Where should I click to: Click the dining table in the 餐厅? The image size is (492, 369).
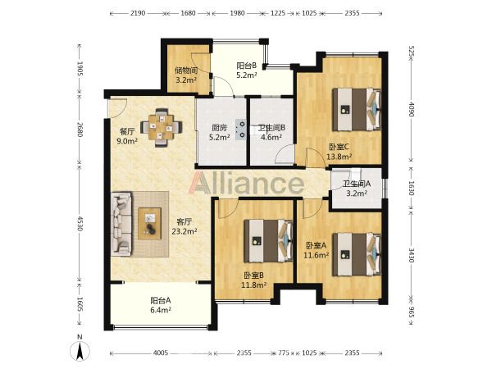tap(162, 127)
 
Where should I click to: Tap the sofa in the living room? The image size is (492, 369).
tap(121, 223)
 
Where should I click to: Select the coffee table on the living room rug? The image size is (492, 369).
tap(150, 223)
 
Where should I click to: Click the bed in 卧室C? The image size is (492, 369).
tap(357, 109)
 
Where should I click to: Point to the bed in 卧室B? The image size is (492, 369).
tap(269, 240)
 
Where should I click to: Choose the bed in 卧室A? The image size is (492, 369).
tap(357, 254)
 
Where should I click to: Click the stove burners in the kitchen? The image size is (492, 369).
tap(242, 130)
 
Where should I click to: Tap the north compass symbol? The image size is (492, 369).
tap(80, 349)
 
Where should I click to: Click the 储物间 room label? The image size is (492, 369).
tap(186, 71)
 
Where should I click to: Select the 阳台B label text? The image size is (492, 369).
tap(247, 66)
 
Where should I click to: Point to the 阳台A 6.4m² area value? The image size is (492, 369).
tap(161, 310)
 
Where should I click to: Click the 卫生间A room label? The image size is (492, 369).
tap(357, 184)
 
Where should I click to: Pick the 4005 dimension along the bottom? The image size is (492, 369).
tap(161, 353)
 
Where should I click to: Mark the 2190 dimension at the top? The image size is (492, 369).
tap(138, 13)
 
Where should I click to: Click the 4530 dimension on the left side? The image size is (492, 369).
tap(80, 223)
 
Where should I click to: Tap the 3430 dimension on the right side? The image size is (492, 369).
tap(412, 255)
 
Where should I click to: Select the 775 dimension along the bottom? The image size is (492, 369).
tap(284, 353)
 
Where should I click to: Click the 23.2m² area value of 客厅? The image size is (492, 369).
tap(184, 231)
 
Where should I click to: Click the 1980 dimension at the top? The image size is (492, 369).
tap(237, 13)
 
